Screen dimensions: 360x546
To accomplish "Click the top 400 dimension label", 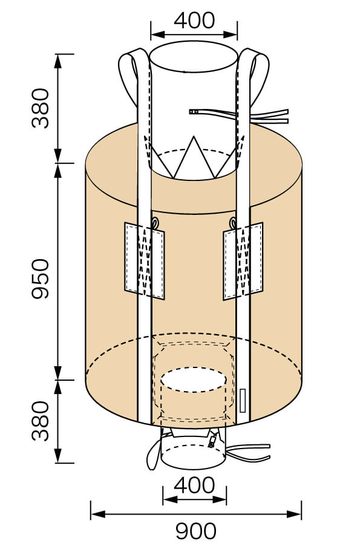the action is click(194, 21).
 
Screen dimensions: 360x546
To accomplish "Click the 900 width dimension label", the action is click(195, 531).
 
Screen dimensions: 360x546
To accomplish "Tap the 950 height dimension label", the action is click(41, 278).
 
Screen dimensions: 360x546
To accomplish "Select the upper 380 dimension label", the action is click(41, 108).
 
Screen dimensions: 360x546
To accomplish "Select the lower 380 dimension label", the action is click(41, 421).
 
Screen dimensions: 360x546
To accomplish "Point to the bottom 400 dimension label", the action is click(194, 485).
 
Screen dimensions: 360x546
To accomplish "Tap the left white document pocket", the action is click(145, 261).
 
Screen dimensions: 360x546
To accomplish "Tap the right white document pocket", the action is click(243, 261).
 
